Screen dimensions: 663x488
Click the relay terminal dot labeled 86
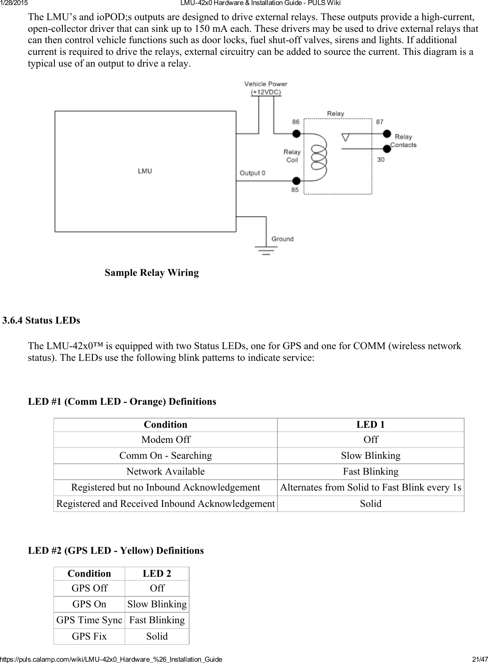[296, 134]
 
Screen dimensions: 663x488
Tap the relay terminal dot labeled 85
[296, 181]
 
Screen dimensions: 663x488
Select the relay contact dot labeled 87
[388, 134]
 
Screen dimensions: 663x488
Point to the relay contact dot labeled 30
[388, 148]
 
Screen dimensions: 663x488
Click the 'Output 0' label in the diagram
[252, 173]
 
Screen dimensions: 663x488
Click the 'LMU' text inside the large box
[145, 171]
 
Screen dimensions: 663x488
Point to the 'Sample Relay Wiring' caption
[152, 273]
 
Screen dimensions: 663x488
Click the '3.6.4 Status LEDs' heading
[41, 321]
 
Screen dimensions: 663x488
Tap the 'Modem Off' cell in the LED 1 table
[166, 439]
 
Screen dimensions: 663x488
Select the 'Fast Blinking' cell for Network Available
[370, 471]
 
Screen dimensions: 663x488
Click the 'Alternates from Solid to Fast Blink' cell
[370, 487]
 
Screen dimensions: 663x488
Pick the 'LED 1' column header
[370, 424]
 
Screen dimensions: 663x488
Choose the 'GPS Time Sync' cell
[89, 620]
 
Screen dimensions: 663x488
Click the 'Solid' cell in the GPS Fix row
[157, 636]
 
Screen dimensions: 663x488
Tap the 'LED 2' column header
[157, 573]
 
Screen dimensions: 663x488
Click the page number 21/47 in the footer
[479, 659]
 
